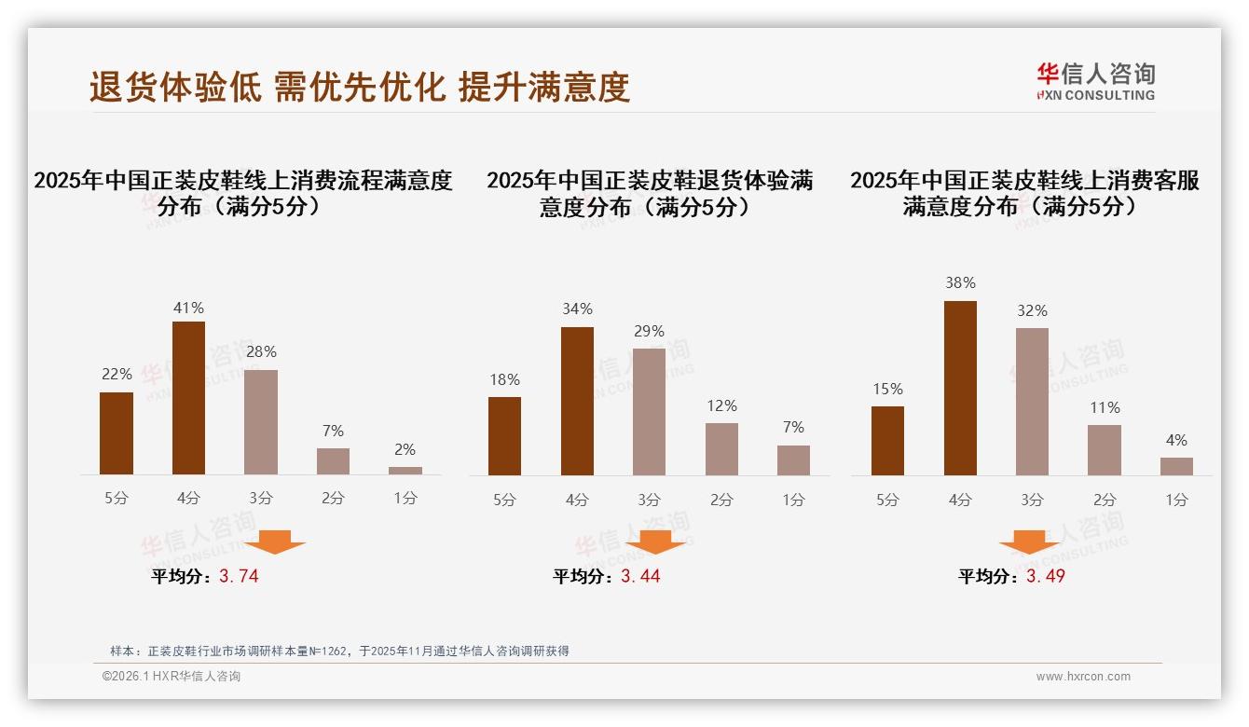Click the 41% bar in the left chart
coord(188,398)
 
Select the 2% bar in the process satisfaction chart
coord(405,471)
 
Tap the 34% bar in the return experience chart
coord(577,401)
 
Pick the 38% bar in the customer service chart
coord(960,388)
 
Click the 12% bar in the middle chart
coord(721,449)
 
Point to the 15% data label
coord(887,389)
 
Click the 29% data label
coord(649,331)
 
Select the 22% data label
coord(117,374)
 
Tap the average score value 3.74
coord(239,576)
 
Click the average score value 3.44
coord(640,576)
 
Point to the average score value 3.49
coord(1045,576)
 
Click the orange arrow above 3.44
coord(655,542)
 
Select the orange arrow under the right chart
coord(1029,542)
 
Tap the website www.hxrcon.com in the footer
coord(1083,677)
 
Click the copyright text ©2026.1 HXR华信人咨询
coord(172,677)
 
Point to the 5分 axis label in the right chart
coord(887,500)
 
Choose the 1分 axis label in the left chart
coord(405,499)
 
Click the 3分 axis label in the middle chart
coord(649,500)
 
